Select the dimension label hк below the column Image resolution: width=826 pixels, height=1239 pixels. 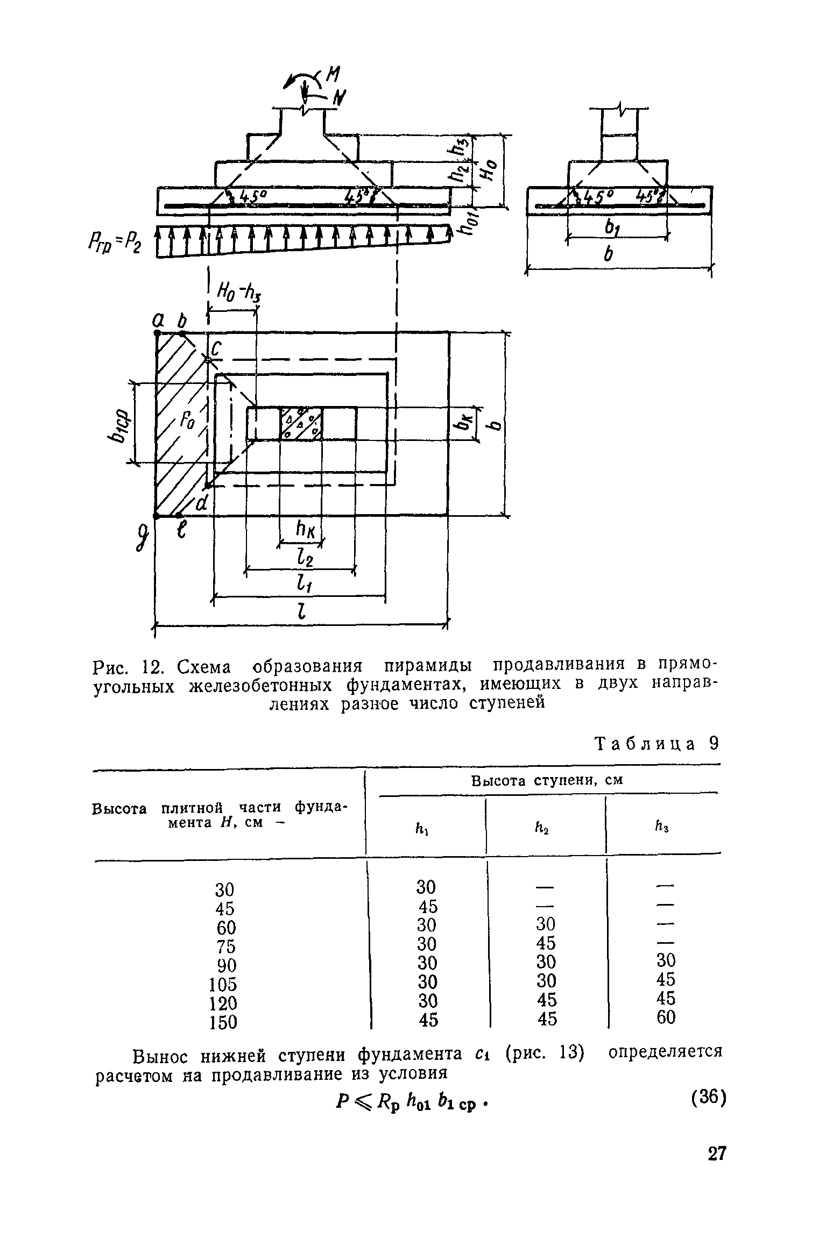coord(304,532)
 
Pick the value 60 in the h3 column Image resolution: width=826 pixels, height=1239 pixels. coord(666,1017)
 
